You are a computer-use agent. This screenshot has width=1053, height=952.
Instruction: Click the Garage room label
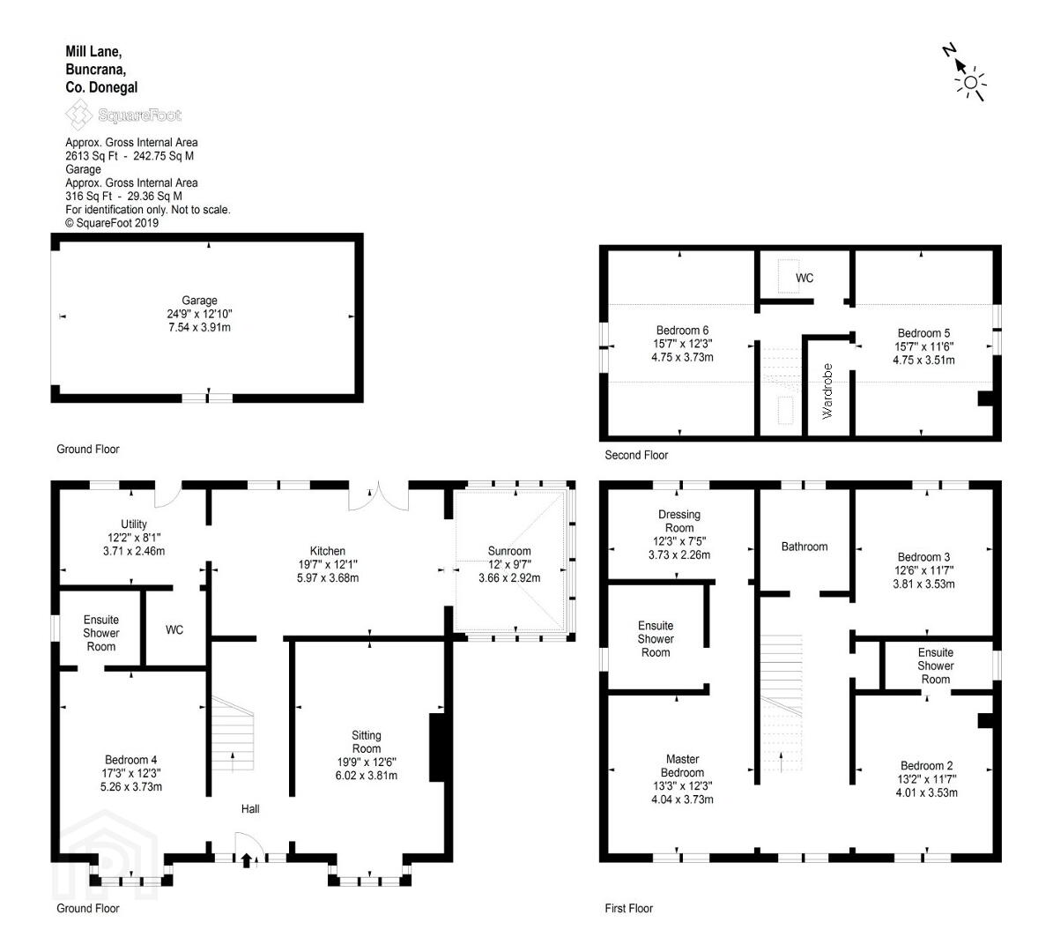point(199,301)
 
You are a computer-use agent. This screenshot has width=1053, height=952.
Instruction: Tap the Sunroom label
point(509,551)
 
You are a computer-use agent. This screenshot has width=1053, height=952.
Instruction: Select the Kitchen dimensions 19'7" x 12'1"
point(328,564)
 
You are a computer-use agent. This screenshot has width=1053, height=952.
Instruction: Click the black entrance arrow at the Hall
point(247,860)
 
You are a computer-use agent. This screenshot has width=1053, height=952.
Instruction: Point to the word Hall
point(250,809)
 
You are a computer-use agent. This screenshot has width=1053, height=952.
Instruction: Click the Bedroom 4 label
point(131,760)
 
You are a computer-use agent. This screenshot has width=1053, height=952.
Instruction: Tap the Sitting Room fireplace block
point(436,747)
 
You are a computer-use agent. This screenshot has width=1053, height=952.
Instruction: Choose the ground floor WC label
point(174,629)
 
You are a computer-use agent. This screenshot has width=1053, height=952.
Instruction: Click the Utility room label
point(134,524)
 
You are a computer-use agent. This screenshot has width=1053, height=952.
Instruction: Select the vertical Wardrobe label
point(827,391)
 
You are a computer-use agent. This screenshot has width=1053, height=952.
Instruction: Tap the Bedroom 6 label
point(682,330)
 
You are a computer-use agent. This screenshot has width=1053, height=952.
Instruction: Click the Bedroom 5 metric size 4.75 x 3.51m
point(923,360)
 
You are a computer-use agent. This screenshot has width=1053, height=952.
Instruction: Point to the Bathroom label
point(805,547)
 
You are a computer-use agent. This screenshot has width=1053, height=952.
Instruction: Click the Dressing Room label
point(679,521)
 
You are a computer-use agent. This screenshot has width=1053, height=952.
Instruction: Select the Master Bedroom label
point(682,766)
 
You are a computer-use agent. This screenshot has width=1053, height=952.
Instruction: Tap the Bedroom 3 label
point(923,557)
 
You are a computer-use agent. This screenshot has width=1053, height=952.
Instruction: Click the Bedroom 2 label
point(927,766)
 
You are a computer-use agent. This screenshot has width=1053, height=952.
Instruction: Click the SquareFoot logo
point(123,115)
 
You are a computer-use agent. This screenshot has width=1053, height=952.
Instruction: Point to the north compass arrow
point(959,63)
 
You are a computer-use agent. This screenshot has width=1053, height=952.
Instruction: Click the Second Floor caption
point(636,455)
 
